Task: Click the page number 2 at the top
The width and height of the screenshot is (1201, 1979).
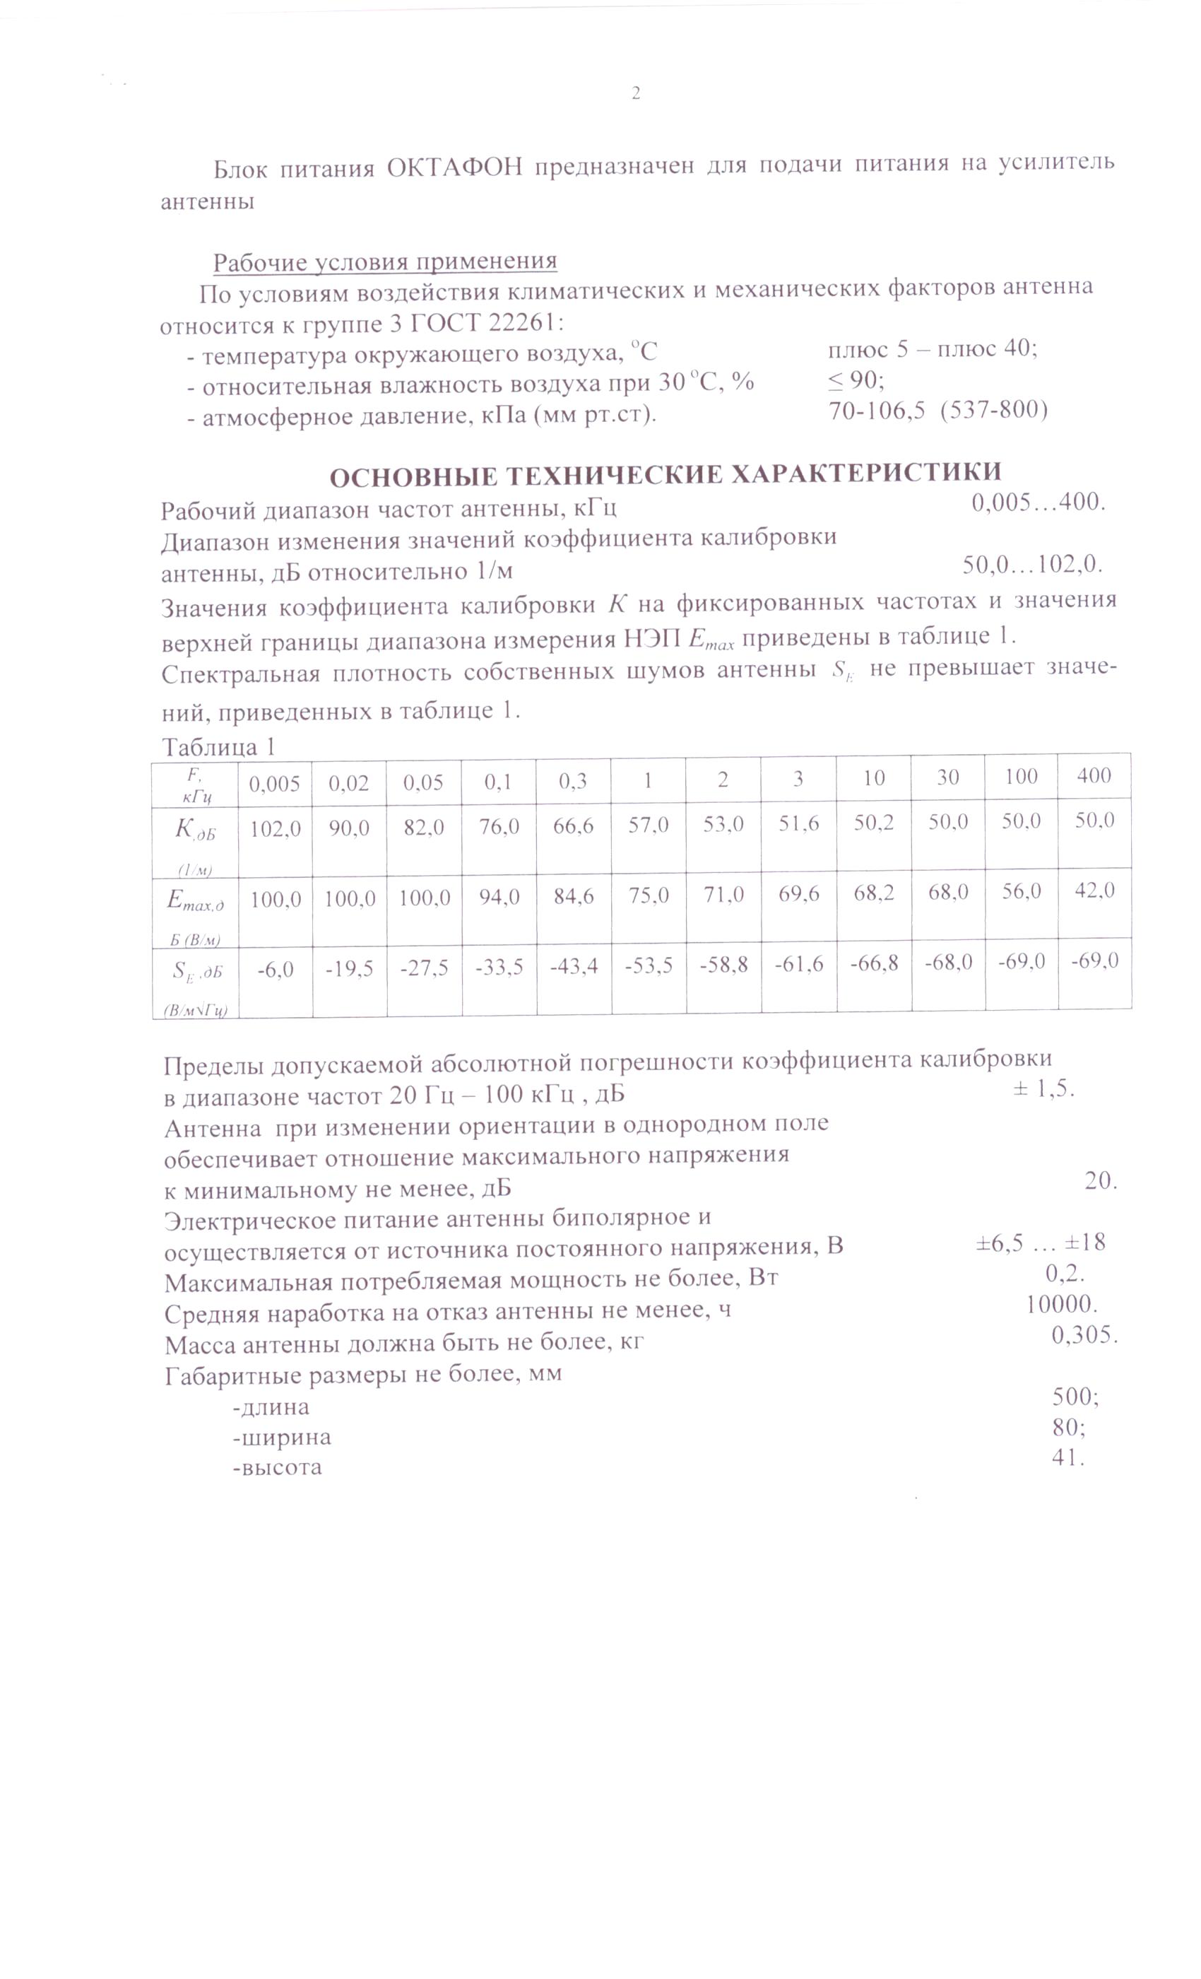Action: tap(636, 94)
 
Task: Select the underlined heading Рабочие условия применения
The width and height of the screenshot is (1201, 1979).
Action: tap(384, 262)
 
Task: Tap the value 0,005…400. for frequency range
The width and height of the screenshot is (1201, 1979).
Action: tap(1039, 503)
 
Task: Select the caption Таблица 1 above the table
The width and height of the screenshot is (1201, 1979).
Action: tap(218, 747)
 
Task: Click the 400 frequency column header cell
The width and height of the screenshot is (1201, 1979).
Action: tap(1094, 775)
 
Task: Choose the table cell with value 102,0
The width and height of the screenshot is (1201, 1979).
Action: tap(276, 829)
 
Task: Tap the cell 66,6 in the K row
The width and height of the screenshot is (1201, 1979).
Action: tap(573, 826)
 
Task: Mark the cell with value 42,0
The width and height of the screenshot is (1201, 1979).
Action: tap(1094, 890)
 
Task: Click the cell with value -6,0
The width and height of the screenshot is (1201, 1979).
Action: tap(276, 970)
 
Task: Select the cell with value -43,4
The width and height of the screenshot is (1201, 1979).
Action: tap(573, 967)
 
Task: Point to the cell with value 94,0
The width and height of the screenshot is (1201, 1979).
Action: tap(498, 896)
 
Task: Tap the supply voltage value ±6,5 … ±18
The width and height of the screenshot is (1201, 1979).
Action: tap(1041, 1243)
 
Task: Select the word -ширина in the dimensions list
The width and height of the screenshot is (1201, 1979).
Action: tap(282, 1437)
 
